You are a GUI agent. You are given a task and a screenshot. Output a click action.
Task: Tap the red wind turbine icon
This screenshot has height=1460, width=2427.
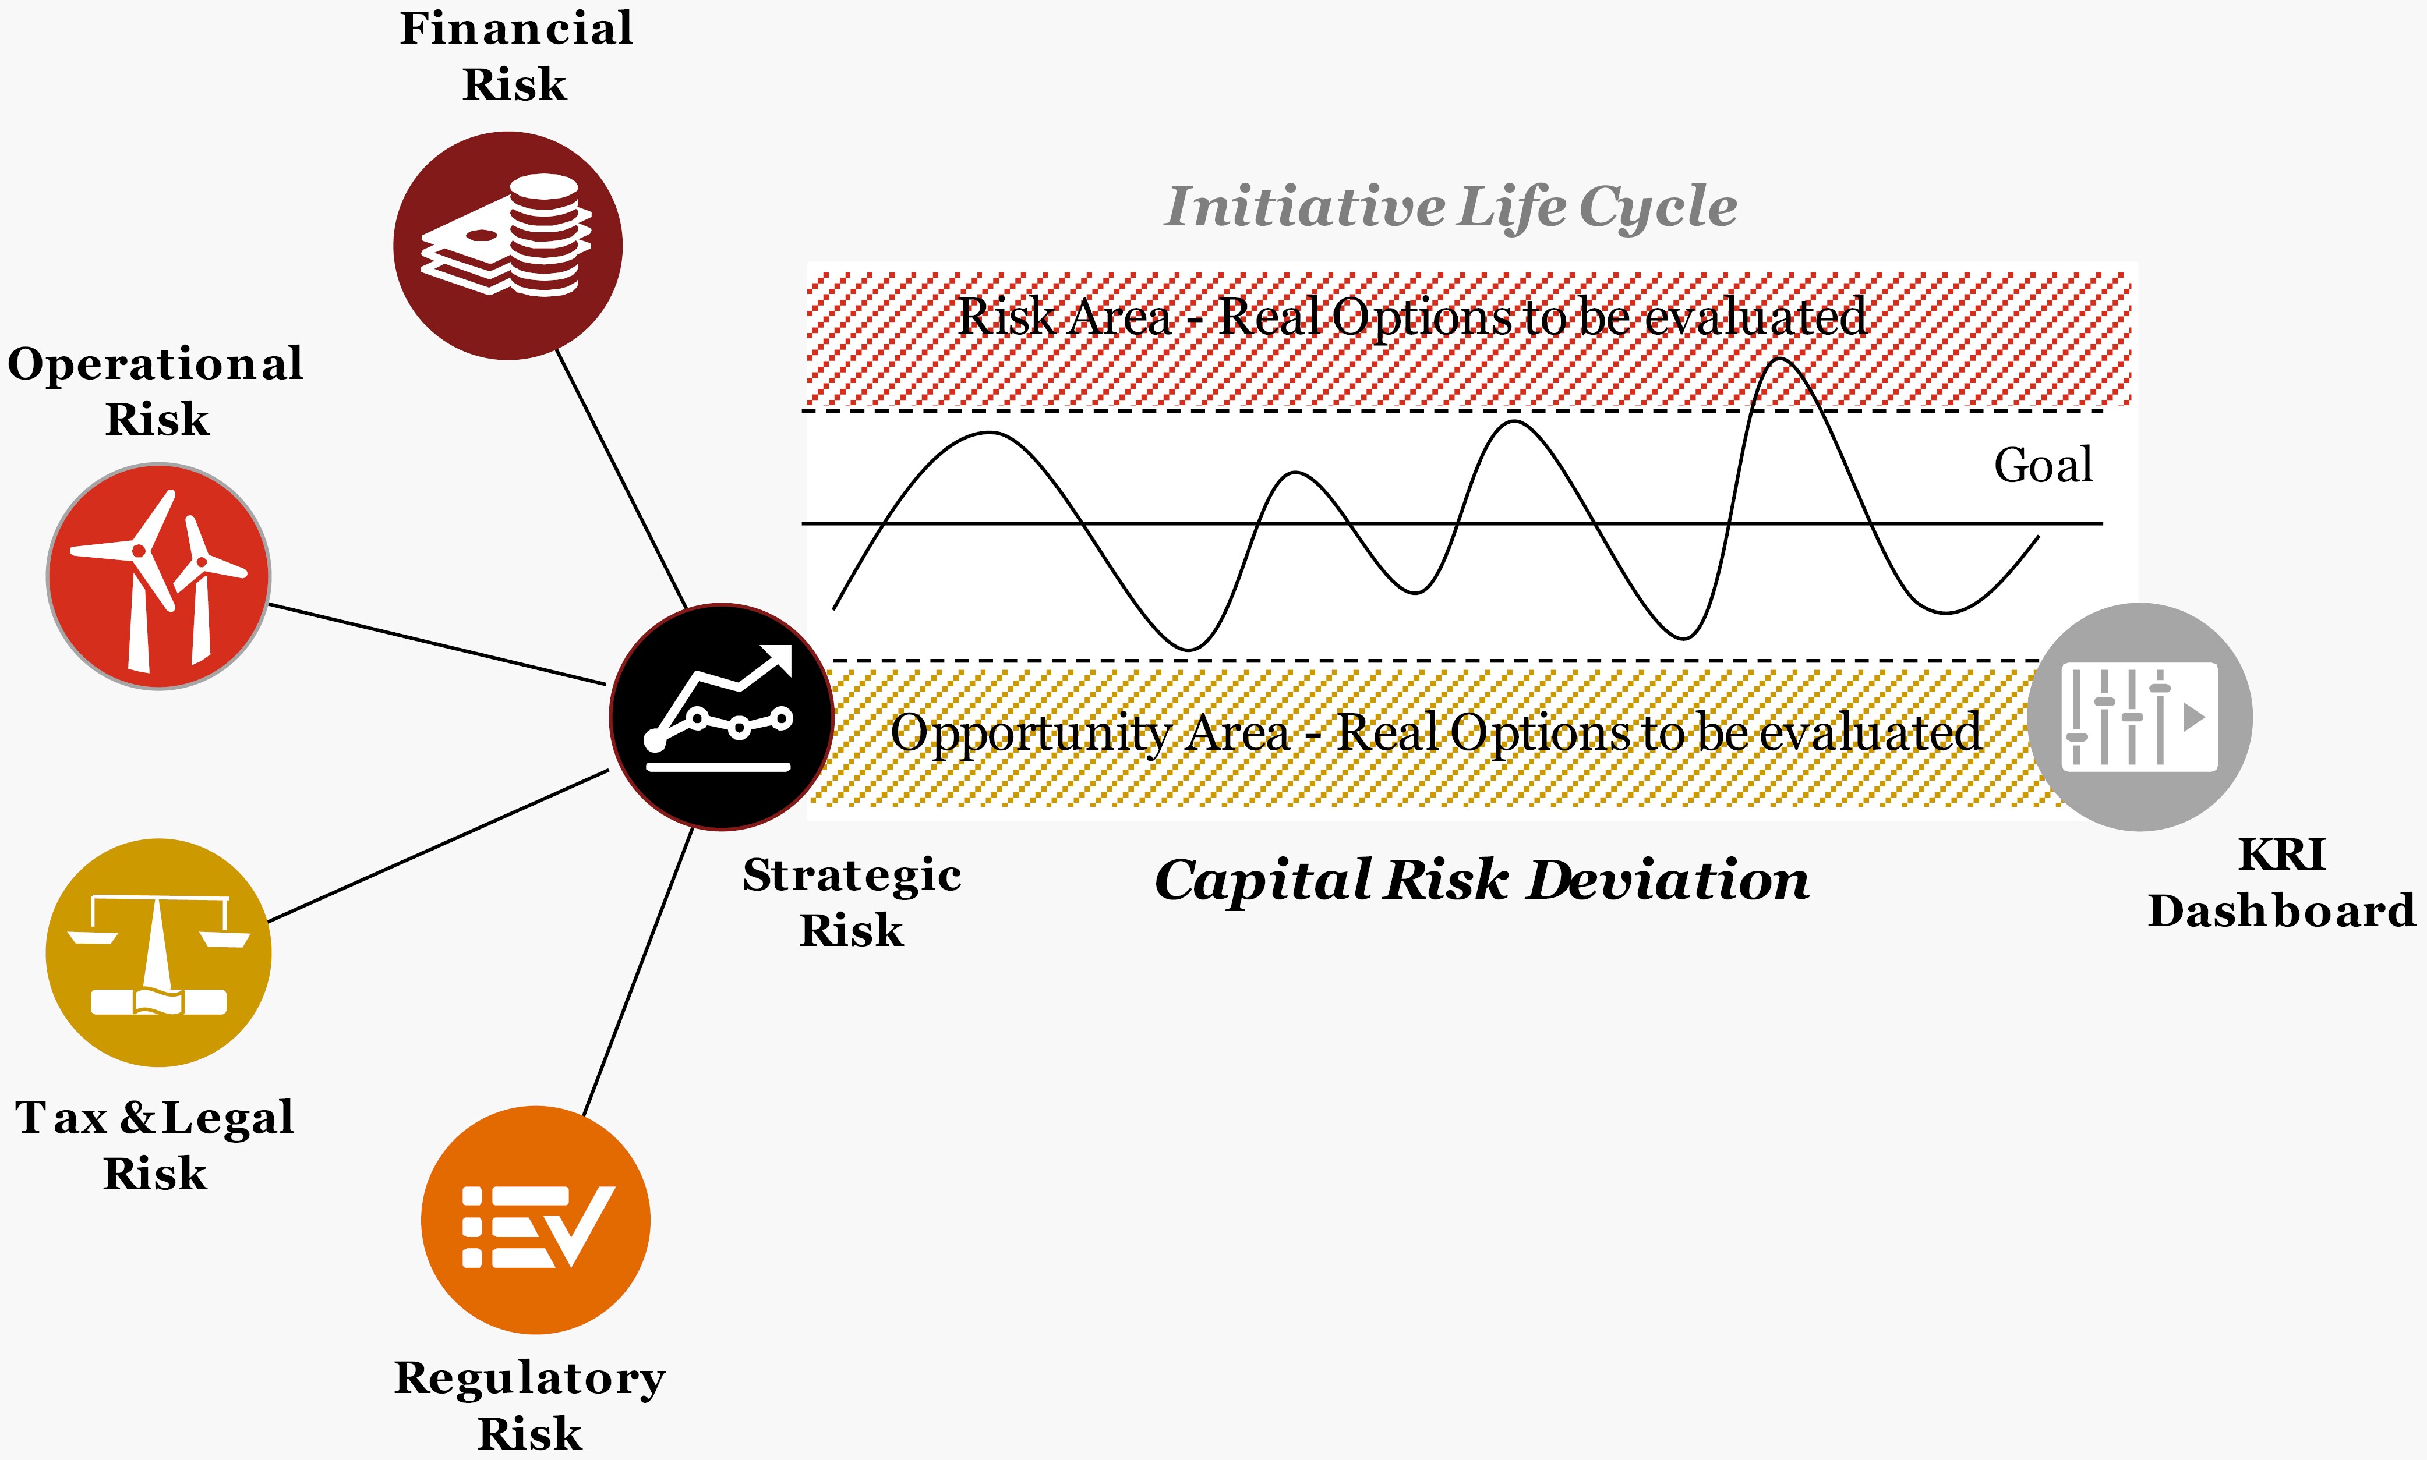(158, 576)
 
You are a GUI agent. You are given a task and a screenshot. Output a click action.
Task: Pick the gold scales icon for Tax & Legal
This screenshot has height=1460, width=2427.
(158, 952)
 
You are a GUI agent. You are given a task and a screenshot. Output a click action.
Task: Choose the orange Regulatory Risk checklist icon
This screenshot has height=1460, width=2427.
(535, 1220)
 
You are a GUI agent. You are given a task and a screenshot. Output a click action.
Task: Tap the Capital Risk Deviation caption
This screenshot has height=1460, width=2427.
(1481, 880)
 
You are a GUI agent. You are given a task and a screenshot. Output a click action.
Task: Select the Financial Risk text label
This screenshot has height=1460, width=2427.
(515, 56)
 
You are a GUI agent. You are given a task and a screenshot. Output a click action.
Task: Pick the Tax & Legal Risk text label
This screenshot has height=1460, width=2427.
(154, 1145)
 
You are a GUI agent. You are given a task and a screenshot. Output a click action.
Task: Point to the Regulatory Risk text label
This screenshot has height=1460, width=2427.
(529, 1404)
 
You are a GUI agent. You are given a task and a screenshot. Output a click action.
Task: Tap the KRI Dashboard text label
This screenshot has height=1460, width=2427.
(2281, 883)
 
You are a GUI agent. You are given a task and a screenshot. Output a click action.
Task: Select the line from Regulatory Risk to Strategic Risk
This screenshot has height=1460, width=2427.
(638, 972)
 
